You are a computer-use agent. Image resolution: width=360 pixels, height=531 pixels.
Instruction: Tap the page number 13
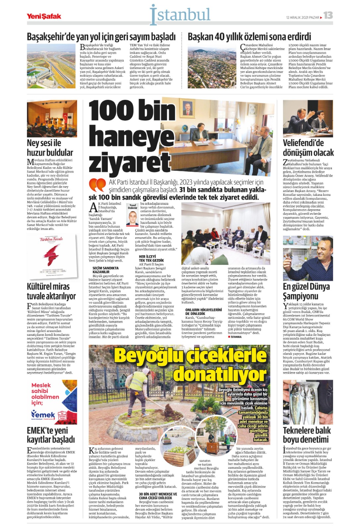328,16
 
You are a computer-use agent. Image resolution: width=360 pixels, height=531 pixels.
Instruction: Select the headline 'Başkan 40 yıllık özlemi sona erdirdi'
249,37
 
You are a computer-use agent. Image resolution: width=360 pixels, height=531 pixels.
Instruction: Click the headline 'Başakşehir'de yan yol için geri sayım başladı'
101,37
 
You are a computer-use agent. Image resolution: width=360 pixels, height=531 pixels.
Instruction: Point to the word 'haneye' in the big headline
131,136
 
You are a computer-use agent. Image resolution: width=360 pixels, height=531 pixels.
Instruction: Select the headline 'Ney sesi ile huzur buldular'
50,148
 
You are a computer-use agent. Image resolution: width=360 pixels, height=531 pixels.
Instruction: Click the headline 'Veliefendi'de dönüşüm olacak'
308,148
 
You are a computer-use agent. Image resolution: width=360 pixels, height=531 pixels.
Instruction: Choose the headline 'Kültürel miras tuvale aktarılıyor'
51,291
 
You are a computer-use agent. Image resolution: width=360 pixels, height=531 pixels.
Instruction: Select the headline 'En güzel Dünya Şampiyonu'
306,291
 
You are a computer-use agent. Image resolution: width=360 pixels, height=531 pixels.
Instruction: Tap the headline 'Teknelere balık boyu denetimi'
307,435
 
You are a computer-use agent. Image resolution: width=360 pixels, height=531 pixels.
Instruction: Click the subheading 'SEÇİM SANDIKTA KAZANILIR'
106,270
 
